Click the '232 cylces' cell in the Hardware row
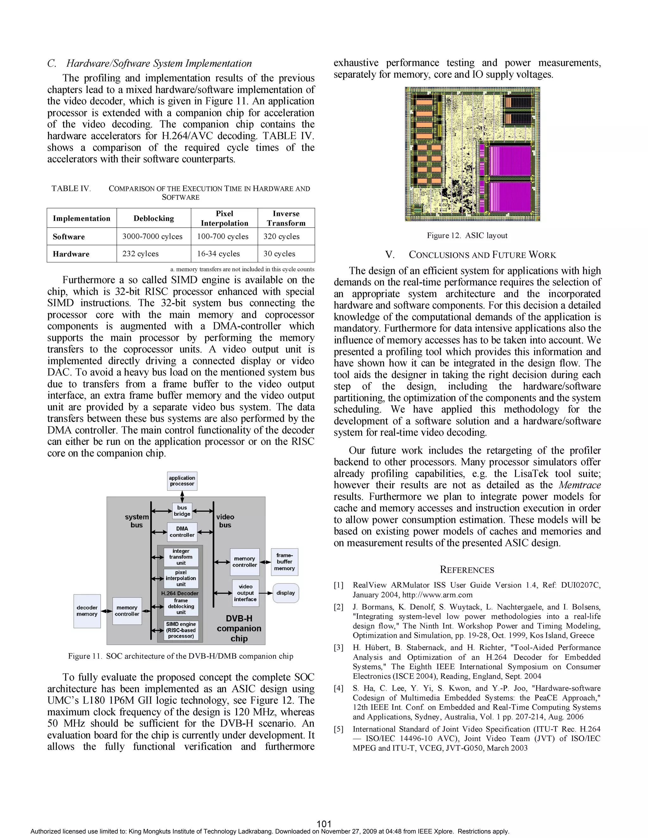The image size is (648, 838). pyautogui.click(x=140, y=254)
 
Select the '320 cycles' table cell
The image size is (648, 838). pyautogui.click(x=281, y=236)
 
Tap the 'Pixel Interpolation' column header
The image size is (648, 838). pyautogui.click(x=224, y=218)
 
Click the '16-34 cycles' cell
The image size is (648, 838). pyautogui.click(x=218, y=254)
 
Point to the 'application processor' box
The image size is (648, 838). pyautogui.click(x=182, y=481)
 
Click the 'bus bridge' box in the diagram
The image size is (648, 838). pyautogui.click(x=182, y=511)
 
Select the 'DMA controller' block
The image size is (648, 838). pyautogui.click(x=182, y=532)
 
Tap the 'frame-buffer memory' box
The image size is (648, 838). pyautogui.click(x=284, y=562)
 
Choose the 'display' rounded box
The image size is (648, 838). pyautogui.click(x=286, y=593)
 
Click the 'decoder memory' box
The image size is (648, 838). pyautogui.click(x=87, y=611)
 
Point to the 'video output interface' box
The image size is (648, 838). pyautogui.click(x=245, y=593)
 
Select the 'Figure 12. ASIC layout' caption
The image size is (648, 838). pyautogui.click(x=467, y=236)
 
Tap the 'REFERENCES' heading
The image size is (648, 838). pyautogui.click(x=467, y=570)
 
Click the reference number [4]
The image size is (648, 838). pyautogui.click(x=339, y=688)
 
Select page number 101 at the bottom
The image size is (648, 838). pyautogui.click(x=324, y=824)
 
